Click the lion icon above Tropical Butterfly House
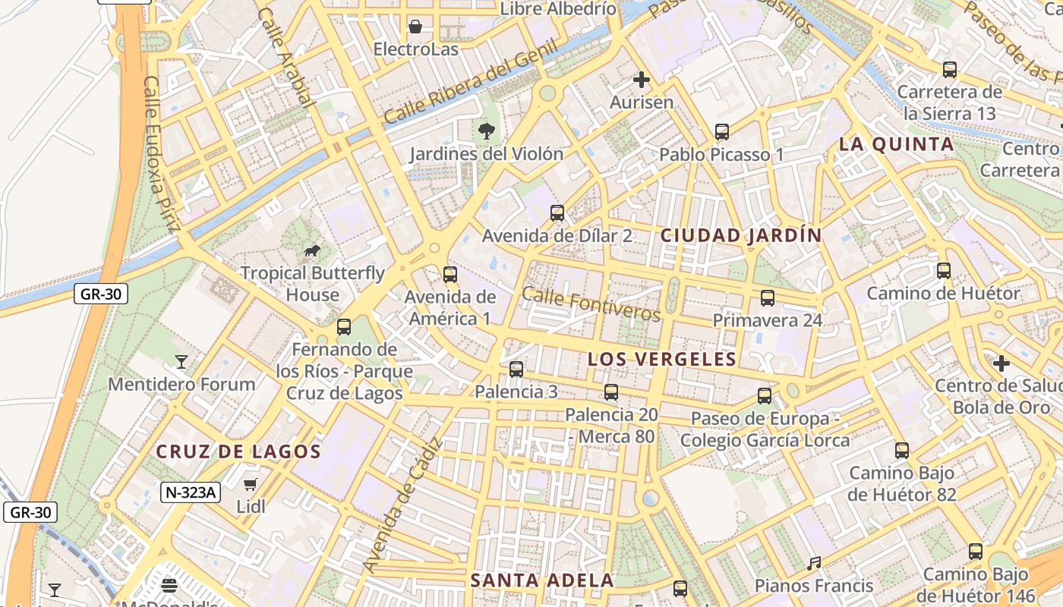click(311, 250)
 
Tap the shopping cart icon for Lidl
click(251, 483)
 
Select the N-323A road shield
click(191, 492)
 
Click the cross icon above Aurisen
click(642, 79)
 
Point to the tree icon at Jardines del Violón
click(487, 131)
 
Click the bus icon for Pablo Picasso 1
click(722, 131)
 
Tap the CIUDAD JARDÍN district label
click(741, 235)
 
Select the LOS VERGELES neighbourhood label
click(662, 359)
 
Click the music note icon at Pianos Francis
click(814, 563)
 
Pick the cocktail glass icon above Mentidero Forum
click(181, 361)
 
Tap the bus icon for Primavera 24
click(768, 297)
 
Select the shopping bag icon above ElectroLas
click(415, 27)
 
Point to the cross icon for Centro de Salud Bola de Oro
click(1001, 363)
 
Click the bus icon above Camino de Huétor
click(944, 270)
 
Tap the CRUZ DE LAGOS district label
click(238, 451)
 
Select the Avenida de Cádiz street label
click(402, 505)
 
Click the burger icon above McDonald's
click(169, 585)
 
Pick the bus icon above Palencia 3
click(516, 369)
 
